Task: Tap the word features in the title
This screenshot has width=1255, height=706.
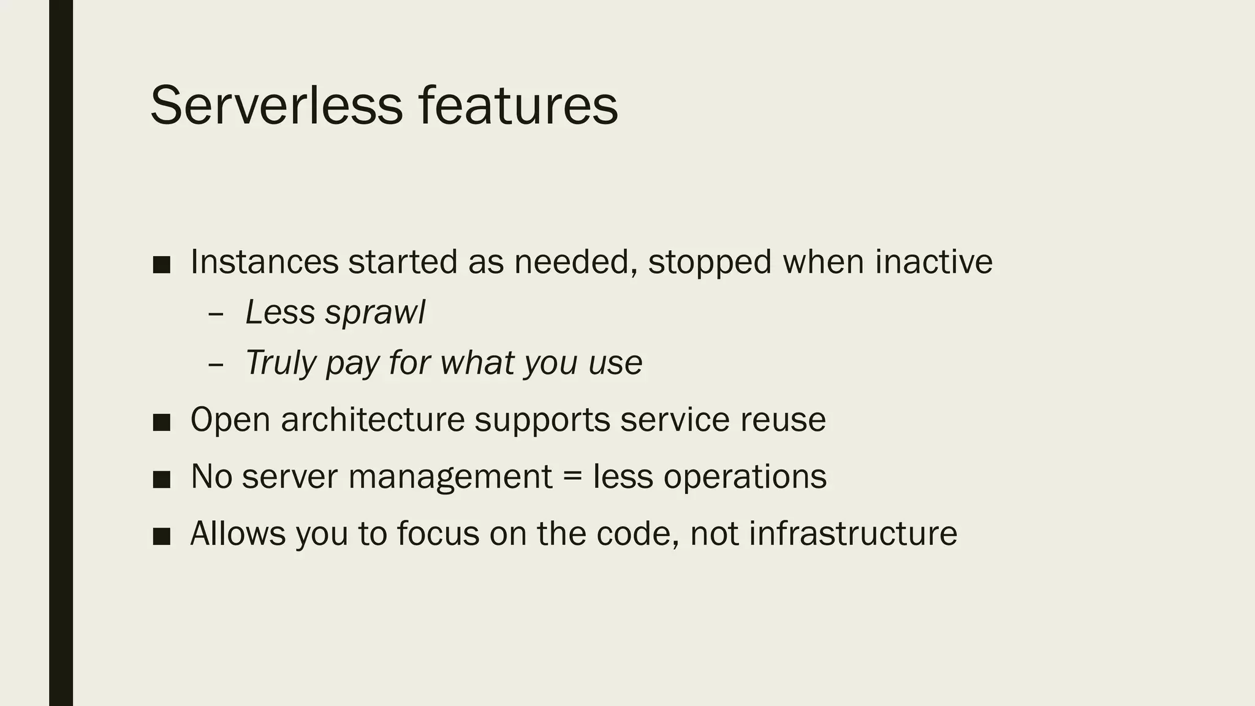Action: click(x=518, y=105)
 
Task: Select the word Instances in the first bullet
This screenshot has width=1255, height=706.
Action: click(x=264, y=262)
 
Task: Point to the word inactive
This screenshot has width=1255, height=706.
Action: click(x=933, y=262)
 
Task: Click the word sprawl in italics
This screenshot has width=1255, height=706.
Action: click(x=375, y=313)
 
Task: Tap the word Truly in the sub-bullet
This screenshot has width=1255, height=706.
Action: click(x=280, y=363)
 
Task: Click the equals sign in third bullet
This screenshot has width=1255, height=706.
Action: click(x=572, y=477)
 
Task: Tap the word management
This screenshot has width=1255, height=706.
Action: click(x=450, y=477)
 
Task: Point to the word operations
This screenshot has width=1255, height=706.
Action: click(x=745, y=477)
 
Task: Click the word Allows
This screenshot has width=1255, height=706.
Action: click(x=238, y=533)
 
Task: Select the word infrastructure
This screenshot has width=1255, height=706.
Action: click(x=853, y=533)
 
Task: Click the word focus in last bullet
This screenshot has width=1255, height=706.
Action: click(x=438, y=533)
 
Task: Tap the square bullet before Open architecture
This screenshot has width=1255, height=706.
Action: click(x=161, y=422)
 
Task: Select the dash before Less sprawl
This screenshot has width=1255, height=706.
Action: click(x=215, y=314)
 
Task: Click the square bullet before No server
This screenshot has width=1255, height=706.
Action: click(x=161, y=479)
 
